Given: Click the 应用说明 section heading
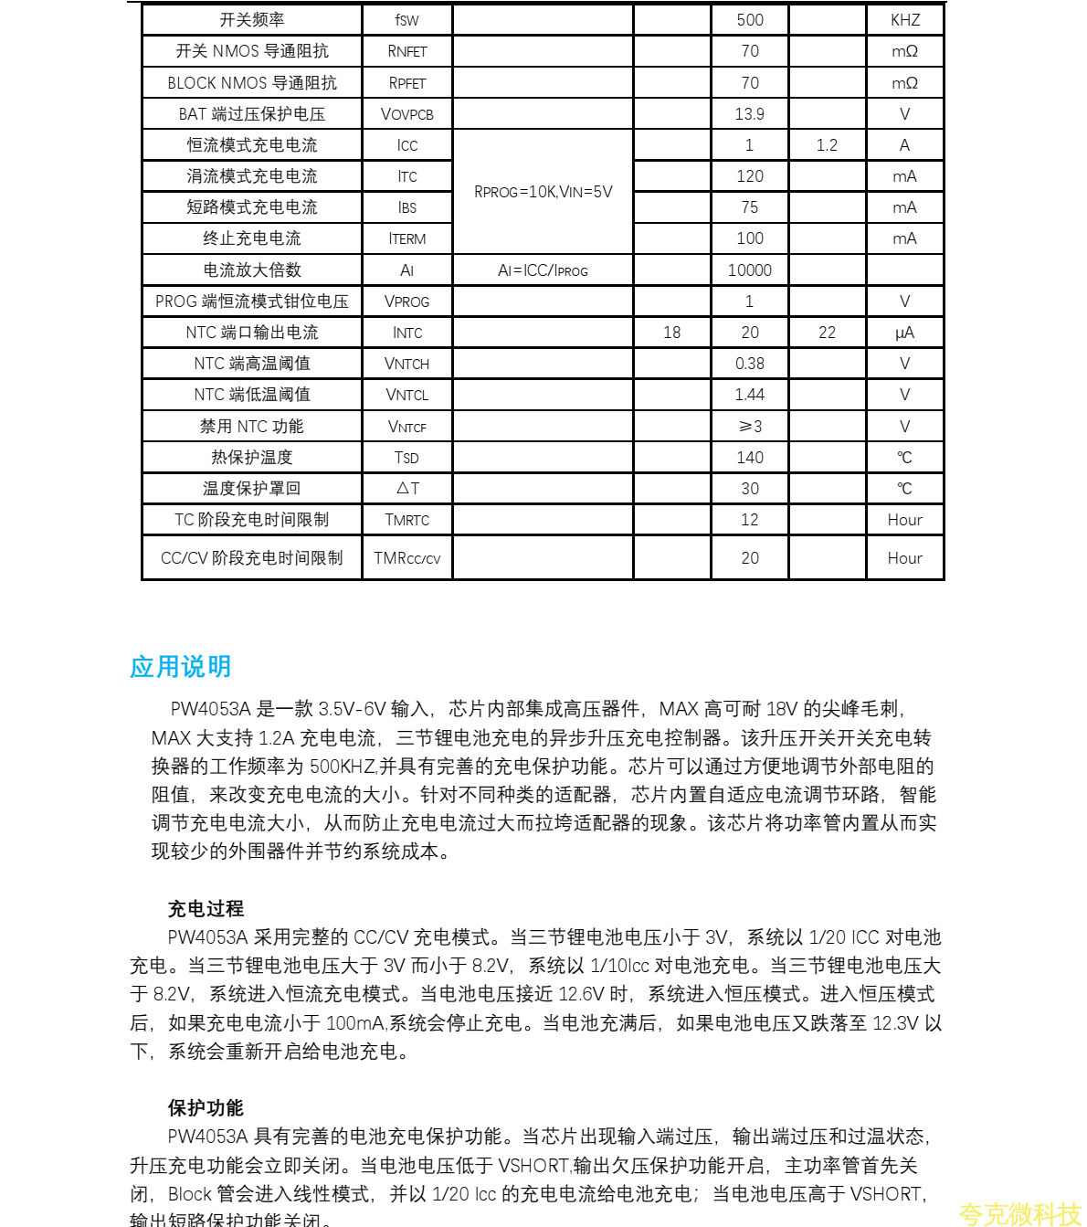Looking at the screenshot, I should pyautogui.click(x=180, y=667).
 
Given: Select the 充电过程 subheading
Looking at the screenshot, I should pyautogui.click(x=206, y=908).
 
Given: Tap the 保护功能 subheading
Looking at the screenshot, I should pyautogui.click(x=206, y=1107).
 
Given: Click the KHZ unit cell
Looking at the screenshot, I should pyautogui.click(x=904, y=20).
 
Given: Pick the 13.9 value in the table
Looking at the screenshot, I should pyautogui.click(x=749, y=114).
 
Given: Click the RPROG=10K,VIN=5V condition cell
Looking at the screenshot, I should pyautogui.click(x=543, y=192).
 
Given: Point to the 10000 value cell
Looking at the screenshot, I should pyautogui.click(x=749, y=270).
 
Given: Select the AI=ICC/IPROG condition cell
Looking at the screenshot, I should pyautogui.click(x=543, y=270).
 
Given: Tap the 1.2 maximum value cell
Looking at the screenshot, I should pyautogui.click(x=827, y=145).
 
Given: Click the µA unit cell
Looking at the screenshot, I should pyautogui.click(x=904, y=333).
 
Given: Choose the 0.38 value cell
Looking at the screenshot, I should pyautogui.click(x=749, y=364).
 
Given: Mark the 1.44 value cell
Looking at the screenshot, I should pyautogui.click(x=749, y=395).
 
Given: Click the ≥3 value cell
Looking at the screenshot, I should pyautogui.click(x=749, y=427).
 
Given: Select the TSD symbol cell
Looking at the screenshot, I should pyautogui.click(x=406, y=458).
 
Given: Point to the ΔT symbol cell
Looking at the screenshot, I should pyautogui.click(x=406, y=489).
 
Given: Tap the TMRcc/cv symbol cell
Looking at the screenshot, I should pyautogui.click(x=406, y=558).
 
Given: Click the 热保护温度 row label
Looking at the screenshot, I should pyautogui.click(x=251, y=458).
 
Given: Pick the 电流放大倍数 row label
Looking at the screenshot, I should pyautogui.click(x=251, y=270).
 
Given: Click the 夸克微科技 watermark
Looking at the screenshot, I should pyautogui.click(x=1019, y=1213).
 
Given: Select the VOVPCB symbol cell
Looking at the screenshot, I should pyautogui.click(x=406, y=114).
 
